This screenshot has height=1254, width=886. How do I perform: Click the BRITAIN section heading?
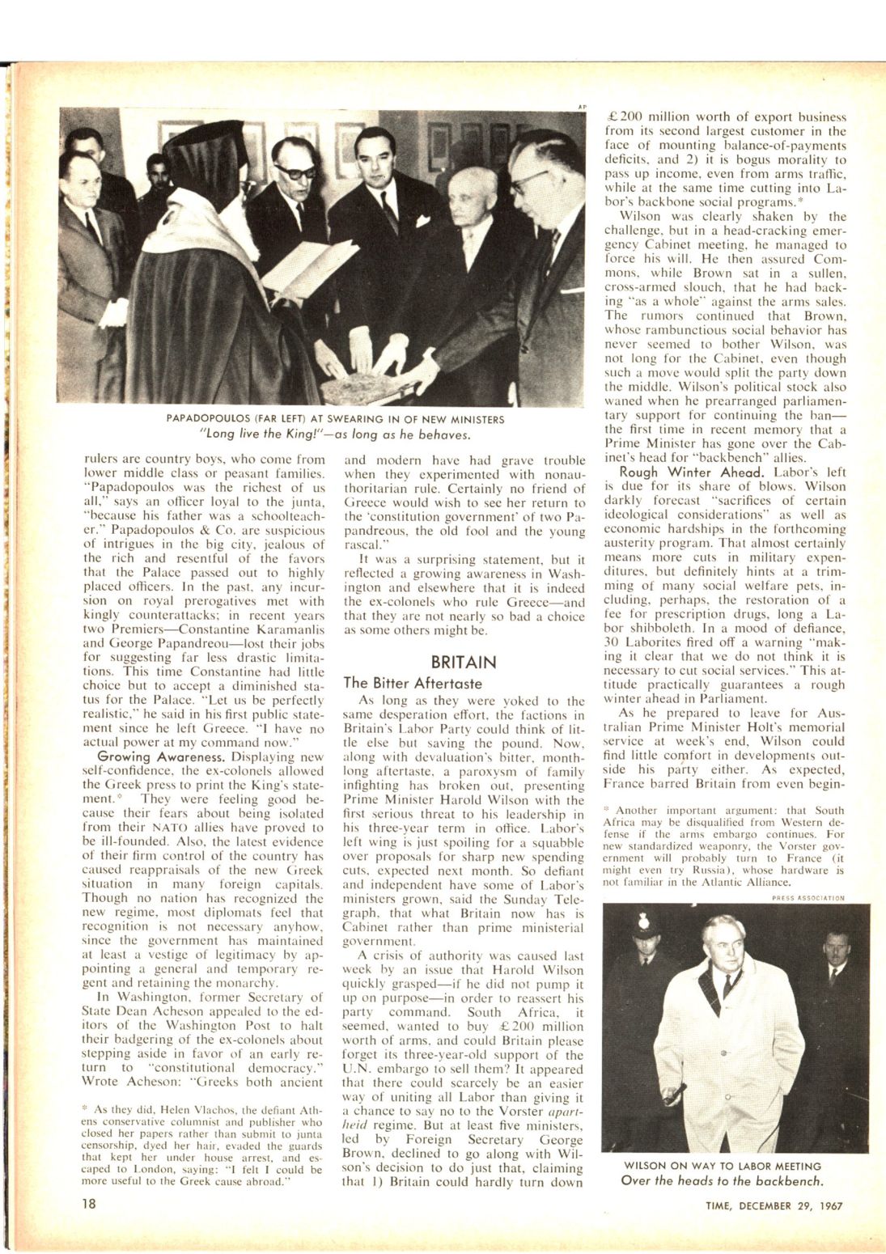click(x=464, y=663)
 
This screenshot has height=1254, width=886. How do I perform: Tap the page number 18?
click(x=88, y=1203)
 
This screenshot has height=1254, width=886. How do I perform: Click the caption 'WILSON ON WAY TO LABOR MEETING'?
click(x=723, y=1166)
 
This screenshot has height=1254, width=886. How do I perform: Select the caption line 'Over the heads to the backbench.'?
click(x=723, y=1180)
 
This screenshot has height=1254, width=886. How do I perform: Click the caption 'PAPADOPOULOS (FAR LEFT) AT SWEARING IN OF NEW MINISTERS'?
click(x=335, y=419)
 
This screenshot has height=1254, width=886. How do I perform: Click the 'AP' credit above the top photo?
click(x=581, y=106)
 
